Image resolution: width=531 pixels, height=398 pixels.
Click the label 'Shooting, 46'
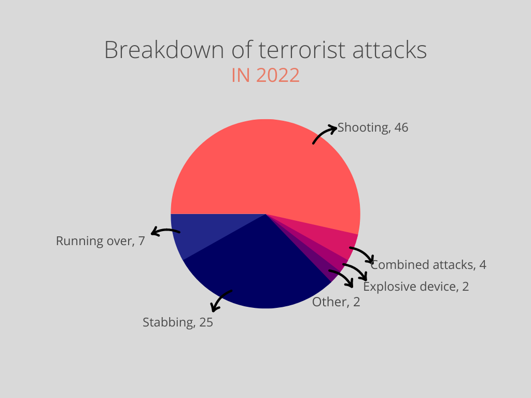(x=373, y=127)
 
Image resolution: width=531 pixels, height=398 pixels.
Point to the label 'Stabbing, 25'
(x=178, y=322)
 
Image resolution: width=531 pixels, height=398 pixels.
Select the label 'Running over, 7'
(x=100, y=241)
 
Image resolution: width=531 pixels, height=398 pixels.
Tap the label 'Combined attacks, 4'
(x=428, y=265)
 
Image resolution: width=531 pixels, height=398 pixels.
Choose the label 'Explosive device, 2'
(x=416, y=287)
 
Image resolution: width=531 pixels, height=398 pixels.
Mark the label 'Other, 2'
(x=336, y=302)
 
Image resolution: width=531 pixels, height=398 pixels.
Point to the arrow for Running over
(x=165, y=231)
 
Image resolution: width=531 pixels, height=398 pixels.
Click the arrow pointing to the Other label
(x=343, y=275)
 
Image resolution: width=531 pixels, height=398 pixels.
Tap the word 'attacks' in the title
(x=389, y=50)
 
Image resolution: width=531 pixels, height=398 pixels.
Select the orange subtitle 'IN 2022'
(x=265, y=75)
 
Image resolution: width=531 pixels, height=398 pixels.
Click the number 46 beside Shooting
(x=401, y=127)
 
